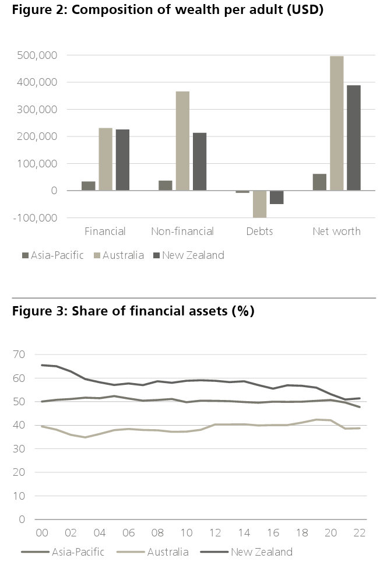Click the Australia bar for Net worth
[x=336, y=123]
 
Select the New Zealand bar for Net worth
[x=353, y=138]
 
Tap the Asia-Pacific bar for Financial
[x=88, y=186]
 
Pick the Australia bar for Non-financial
[x=182, y=141]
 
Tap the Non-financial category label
[x=182, y=231]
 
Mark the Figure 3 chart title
[x=133, y=311]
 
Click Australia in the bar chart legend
[x=122, y=255]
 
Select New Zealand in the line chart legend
[x=261, y=552]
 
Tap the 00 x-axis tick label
[x=41, y=533]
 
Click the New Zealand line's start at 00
[x=42, y=365]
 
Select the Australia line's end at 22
[x=360, y=428]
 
